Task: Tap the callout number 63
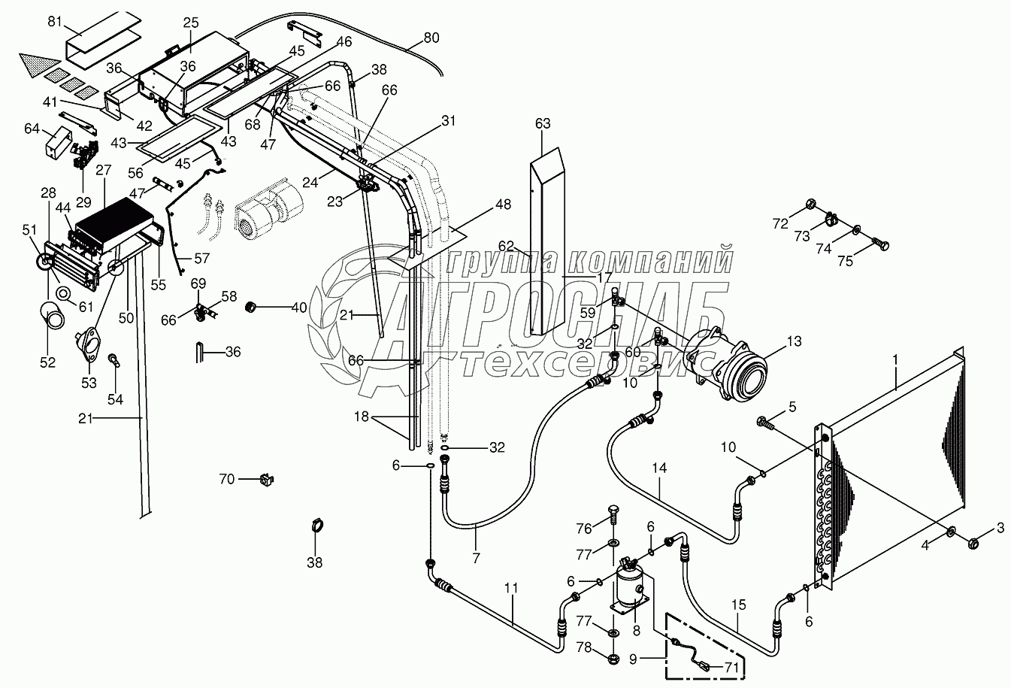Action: click(x=543, y=123)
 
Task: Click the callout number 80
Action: click(x=431, y=38)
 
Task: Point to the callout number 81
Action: click(x=55, y=21)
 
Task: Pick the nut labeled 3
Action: click(x=973, y=544)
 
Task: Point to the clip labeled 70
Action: click(x=268, y=480)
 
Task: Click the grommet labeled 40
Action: click(x=250, y=308)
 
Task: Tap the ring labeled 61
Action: click(x=64, y=293)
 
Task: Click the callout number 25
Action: click(x=190, y=23)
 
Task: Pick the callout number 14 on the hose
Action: click(x=659, y=468)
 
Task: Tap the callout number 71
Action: click(x=731, y=667)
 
